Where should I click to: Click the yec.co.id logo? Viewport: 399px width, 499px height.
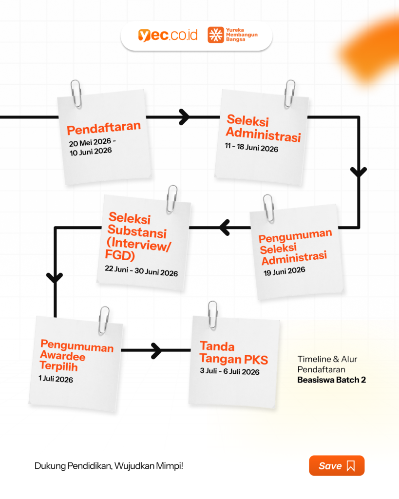[x=168, y=35]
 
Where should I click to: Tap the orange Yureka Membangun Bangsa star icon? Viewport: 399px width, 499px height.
[x=215, y=35]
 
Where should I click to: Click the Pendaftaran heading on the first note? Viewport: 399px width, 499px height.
[x=104, y=128]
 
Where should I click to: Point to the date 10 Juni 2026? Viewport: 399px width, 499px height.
[x=91, y=152]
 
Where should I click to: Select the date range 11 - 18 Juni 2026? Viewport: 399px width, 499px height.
[x=251, y=147]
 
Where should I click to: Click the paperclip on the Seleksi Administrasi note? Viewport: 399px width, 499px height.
[x=289, y=94]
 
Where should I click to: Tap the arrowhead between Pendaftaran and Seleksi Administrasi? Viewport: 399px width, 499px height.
[x=184, y=117]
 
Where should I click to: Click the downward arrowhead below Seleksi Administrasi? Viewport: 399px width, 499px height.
[x=359, y=172]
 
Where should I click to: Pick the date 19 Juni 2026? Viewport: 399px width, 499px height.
[x=284, y=271]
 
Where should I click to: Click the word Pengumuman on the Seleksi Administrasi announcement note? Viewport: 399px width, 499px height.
[x=295, y=236]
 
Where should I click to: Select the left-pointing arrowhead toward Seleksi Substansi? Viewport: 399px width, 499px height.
[x=225, y=228]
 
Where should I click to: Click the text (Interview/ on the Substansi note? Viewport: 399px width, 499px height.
[x=139, y=245]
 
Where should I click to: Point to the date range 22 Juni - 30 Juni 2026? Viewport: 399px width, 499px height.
[x=141, y=271]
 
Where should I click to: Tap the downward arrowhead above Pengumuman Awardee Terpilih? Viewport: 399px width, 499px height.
[x=55, y=277]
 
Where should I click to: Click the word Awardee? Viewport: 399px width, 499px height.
[x=63, y=356]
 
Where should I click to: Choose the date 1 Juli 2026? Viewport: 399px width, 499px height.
[x=56, y=379]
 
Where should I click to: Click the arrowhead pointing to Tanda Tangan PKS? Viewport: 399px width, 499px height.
[x=156, y=351]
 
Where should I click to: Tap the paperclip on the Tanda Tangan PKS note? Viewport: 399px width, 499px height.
[x=213, y=315]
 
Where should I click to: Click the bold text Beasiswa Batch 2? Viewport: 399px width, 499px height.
[x=332, y=380]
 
